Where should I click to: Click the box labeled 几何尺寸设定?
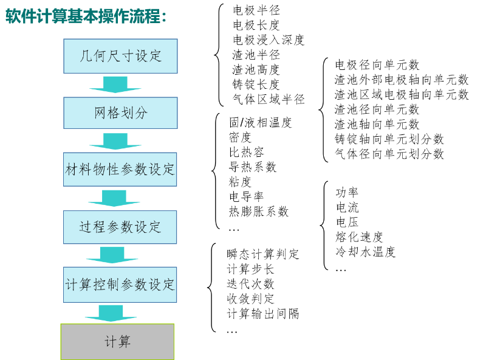120,56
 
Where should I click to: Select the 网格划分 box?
120,113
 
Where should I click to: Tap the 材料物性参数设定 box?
120,169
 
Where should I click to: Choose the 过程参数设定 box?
120,227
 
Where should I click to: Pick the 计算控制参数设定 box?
120,284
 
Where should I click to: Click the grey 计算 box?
117,342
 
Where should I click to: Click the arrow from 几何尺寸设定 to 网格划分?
115,85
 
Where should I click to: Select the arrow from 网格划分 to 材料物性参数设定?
115,141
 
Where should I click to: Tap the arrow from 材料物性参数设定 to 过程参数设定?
114,198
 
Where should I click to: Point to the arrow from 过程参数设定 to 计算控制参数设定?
112,255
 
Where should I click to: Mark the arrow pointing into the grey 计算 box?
111,313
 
